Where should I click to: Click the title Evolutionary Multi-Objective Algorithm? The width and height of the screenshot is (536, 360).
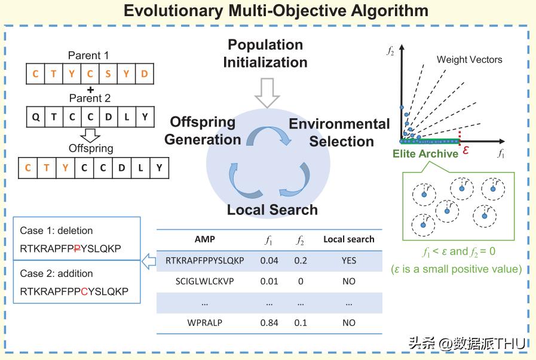[x=267, y=11]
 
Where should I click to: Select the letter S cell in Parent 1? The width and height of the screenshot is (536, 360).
[x=108, y=75]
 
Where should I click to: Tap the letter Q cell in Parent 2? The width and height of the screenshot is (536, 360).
[x=36, y=116]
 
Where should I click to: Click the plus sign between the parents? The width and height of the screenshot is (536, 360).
[x=90, y=88]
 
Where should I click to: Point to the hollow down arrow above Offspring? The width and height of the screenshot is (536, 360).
[x=90, y=135]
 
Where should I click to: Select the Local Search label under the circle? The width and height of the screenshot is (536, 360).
[x=272, y=210]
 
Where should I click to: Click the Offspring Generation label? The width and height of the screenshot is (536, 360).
[x=203, y=130]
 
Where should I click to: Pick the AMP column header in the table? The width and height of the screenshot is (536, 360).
[x=205, y=239]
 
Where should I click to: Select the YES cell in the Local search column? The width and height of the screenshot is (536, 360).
[x=348, y=260]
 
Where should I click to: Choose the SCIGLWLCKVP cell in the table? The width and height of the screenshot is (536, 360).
[x=205, y=281]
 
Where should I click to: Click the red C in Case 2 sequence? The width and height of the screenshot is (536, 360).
[x=85, y=292]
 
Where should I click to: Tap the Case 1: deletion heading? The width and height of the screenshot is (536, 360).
[x=56, y=230]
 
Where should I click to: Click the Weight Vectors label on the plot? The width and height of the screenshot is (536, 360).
[x=469, y=60]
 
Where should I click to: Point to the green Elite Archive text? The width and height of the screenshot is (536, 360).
[x=425, y=153]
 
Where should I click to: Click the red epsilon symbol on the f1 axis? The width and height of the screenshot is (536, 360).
[x=465, y=151]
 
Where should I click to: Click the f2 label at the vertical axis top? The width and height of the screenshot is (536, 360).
[x=391, y=52]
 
